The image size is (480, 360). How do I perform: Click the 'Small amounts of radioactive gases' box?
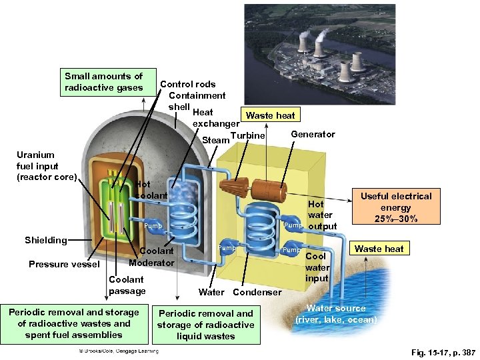[104, 82]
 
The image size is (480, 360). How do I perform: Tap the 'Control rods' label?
[188, 84]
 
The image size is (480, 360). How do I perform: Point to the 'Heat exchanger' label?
[215, 118]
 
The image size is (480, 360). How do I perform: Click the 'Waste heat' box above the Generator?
[270, 115]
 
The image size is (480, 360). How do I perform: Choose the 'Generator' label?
[313, 134]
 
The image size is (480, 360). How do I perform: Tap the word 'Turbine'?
[247, 136]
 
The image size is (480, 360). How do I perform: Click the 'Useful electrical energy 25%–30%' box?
[396, 207]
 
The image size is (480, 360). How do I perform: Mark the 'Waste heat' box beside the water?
[379, 249]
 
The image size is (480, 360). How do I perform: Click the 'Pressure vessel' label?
[64, 264]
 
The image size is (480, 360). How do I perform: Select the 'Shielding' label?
[45, 240]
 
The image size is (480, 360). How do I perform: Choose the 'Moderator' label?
[152, 263]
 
